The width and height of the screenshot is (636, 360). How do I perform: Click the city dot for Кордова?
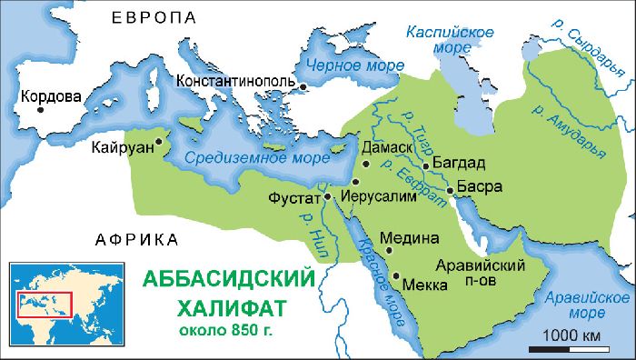coord(41,108)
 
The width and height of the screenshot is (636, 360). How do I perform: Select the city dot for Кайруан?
coord(158,141)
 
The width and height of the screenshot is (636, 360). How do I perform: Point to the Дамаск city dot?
coord(365,165)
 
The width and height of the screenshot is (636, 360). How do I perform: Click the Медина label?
coord(411,239)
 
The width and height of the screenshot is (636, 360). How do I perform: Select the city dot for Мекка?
coord(396,275)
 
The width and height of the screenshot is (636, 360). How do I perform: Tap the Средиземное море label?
coord(245,157)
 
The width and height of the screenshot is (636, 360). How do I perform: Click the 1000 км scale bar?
coord(572,345)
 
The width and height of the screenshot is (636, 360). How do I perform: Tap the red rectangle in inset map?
coord(45,304)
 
